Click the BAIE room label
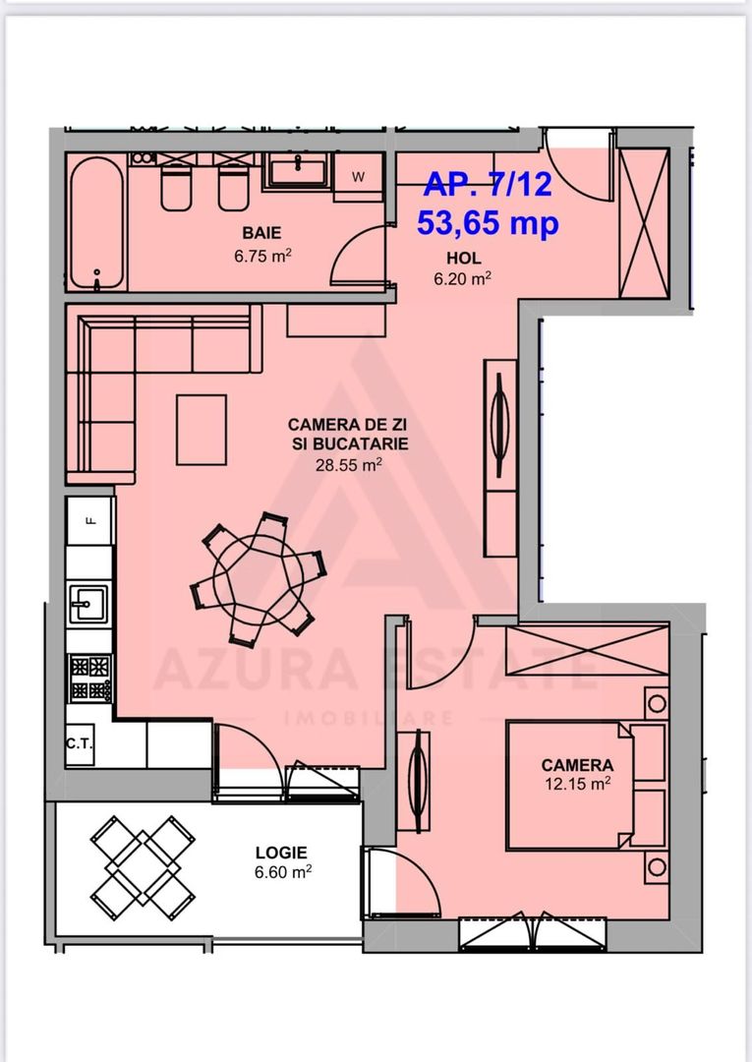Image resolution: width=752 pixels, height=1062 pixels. (262, 233)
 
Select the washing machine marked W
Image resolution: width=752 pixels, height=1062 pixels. (358, 177)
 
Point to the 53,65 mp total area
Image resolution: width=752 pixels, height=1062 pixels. (488, 223)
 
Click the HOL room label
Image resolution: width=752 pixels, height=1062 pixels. (463, 259)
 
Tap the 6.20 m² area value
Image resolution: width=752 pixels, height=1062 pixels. (462, 278)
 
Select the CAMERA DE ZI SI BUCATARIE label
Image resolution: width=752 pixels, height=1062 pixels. (348, 434)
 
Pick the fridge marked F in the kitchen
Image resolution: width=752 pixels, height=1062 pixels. (90, 522)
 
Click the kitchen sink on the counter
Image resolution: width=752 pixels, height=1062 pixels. (89, 601)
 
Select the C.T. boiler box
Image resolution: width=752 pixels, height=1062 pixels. (80, 744)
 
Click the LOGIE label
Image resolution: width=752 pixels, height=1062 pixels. (281, 853)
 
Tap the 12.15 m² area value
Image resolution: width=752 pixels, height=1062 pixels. (577, 784)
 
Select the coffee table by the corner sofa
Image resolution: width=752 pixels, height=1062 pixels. (202, 430)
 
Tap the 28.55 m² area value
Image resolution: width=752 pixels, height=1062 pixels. (348, 466)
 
